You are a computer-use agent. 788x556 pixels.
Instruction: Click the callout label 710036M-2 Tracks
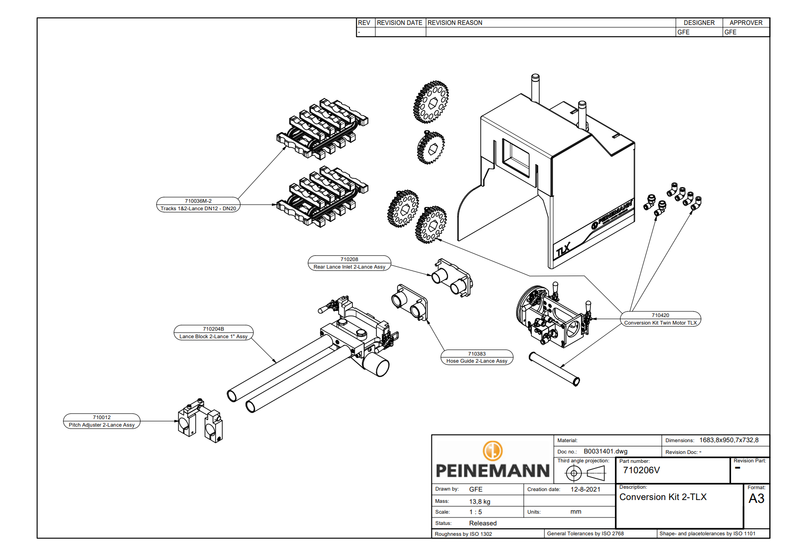pos(198,205)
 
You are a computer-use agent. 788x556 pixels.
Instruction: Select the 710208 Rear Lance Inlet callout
pos(349,263)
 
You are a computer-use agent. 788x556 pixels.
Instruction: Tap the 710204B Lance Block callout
pos(213,333)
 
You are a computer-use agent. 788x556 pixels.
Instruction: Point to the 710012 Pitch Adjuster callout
pos(102,421)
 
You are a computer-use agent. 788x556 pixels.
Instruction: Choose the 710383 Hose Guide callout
pos(477,357)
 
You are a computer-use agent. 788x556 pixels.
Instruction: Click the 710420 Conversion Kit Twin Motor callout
pos(660,319)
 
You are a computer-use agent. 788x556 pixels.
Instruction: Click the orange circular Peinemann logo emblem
pos(493,451)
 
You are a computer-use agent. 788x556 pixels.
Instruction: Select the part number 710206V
pos(641,470)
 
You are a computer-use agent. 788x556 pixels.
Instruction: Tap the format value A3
pos(756,499)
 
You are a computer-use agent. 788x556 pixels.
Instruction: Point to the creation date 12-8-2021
pos(585,489)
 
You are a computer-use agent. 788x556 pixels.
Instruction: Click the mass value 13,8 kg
pos(479,501)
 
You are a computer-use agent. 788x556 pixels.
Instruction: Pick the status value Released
pos(483,523)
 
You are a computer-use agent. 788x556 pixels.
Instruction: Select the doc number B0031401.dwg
pos(605,452)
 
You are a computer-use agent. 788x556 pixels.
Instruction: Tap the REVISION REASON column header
pos(454,23)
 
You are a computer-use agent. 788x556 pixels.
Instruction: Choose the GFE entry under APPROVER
pos(730,32)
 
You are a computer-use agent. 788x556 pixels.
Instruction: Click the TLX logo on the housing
pos(563,250)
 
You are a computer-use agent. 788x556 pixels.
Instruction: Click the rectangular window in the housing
pos(516,158)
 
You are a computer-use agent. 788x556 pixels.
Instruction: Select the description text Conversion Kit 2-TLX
pos(662,497)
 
